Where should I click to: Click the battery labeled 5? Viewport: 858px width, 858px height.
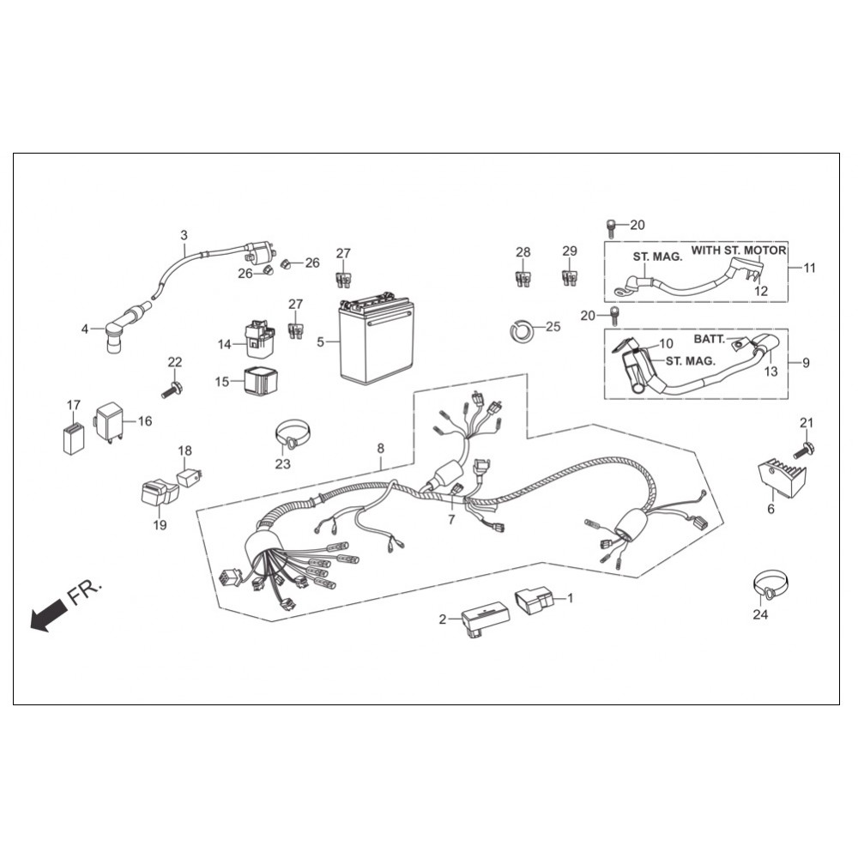point(376,341)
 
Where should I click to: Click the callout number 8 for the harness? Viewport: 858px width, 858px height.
point(380,449)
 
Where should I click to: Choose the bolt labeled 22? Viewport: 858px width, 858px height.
point(172,390)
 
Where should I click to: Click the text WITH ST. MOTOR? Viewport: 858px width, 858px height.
point(739,251)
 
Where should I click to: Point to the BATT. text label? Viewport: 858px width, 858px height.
point(710,339)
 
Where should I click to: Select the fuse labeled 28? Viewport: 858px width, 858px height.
point(523,279)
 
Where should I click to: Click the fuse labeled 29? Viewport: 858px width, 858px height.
point(570,277)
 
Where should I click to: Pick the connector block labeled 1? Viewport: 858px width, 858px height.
point(534,601)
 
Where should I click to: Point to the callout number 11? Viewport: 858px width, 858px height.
point(809,268)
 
